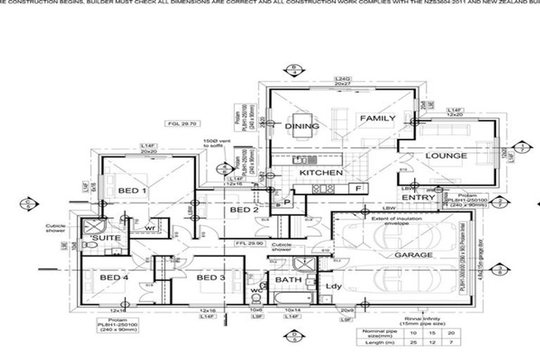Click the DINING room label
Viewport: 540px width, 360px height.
click(x=302, y=127)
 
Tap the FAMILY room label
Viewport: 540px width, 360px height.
click(x=378, y=118)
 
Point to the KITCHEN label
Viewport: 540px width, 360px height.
click(x=321, y=172)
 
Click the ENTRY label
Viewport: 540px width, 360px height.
click(x=418, y=198)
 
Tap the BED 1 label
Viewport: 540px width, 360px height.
click(x=131, y=191)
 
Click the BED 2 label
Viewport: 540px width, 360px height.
click(x=245, y=210)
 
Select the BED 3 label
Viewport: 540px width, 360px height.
click(x=211, y=278)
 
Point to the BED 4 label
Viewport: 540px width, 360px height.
click(x=114, y=278)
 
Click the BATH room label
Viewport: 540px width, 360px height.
click(x=288, y=280)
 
